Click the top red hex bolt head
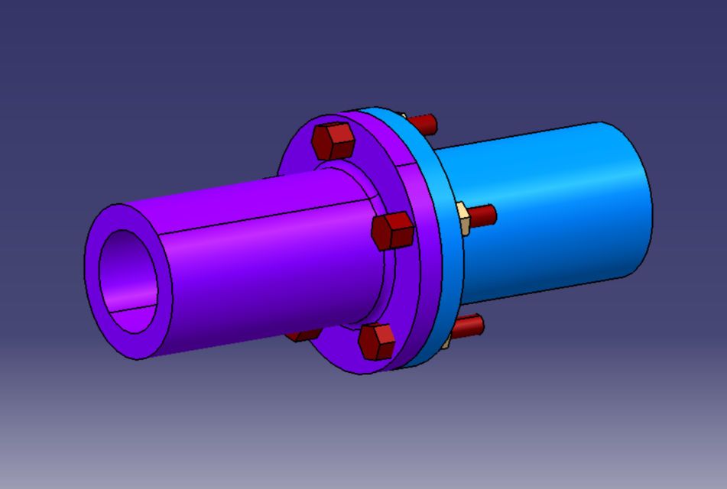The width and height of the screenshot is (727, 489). click(x=333, y=141)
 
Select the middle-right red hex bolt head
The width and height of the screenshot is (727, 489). click(x=393, y=230)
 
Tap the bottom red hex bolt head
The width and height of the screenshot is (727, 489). click(x=377, y=341)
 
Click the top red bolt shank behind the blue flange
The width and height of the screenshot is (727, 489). click(x=423, y=122)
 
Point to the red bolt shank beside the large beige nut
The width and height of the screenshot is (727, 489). click(x=482, y=215)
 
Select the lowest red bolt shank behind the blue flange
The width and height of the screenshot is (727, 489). click(x=468, y=326)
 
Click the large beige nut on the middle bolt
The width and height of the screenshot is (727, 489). click(x=462, y=218)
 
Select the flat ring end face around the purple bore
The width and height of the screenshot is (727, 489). click(x=96, y=275)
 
